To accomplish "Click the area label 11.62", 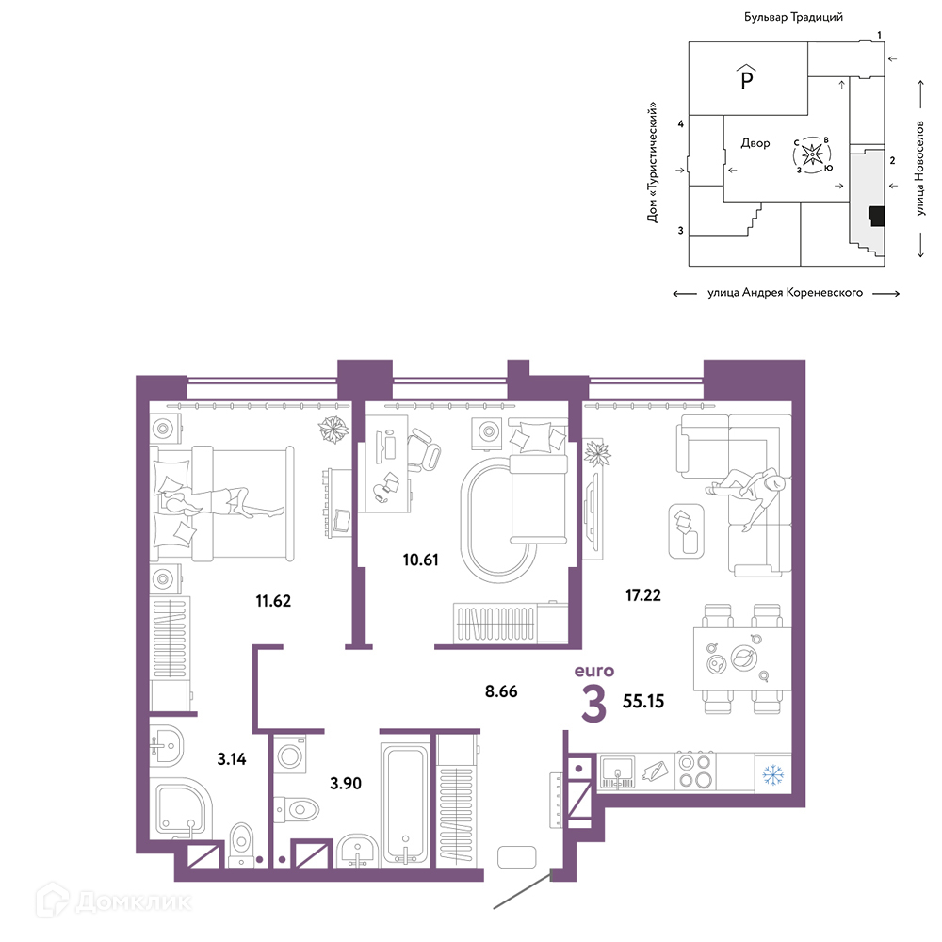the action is point(273,600).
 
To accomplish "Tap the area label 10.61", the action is point(420,560).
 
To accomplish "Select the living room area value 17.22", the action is point(642,594).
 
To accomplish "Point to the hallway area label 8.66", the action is point(501,690).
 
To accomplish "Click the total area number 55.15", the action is point(643,701).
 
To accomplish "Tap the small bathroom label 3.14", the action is point(232,758).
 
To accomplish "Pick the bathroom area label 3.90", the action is point(346,783).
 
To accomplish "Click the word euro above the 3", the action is point(594,671).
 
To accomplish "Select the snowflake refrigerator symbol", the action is point(773,774).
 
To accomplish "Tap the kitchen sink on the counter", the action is point(617,771).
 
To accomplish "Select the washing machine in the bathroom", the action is point(290,755).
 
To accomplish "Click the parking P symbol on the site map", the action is point(747,77).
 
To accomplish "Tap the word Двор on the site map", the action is point(755,143).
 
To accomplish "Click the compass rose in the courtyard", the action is point(812,155).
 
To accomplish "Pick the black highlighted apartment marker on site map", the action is point(877,217).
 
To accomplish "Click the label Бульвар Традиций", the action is point(793,17).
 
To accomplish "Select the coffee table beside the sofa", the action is point(686,530).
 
